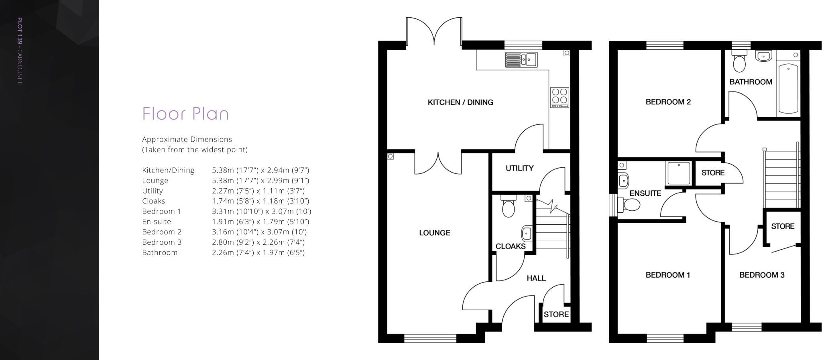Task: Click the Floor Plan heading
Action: pyautogui.click(x=185, y=114)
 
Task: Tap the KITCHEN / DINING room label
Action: pyautogui.click(x=460, y=102)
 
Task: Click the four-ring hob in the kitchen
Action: pyautogui.click(x=560, y=98)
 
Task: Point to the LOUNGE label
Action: pyautogui.click(x=434, y=233)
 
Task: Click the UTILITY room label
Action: pyautogui.click(x=519, y=168)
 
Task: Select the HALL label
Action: pyautogui.click(x=536, y=278)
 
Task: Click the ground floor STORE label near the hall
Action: pyautogui.click(x=556, y=314)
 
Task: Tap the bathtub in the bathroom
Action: pyautogui.click(x=788, y=88)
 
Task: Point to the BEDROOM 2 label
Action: pyautogui.click(x=668, y=102)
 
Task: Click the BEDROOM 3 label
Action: pyautogui.click(x=761, y=275)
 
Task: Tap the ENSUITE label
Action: pyautogui.click(x=645, y=193)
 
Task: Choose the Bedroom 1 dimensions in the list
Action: pyautogui.click(x=261, y=211)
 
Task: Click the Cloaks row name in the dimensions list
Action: pyautogui.click(x=154, y=201)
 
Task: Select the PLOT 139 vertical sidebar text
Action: pyautogui.click(x=20, y=51)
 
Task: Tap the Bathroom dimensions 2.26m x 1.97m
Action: pyautogui.click(x=258, y=252)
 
